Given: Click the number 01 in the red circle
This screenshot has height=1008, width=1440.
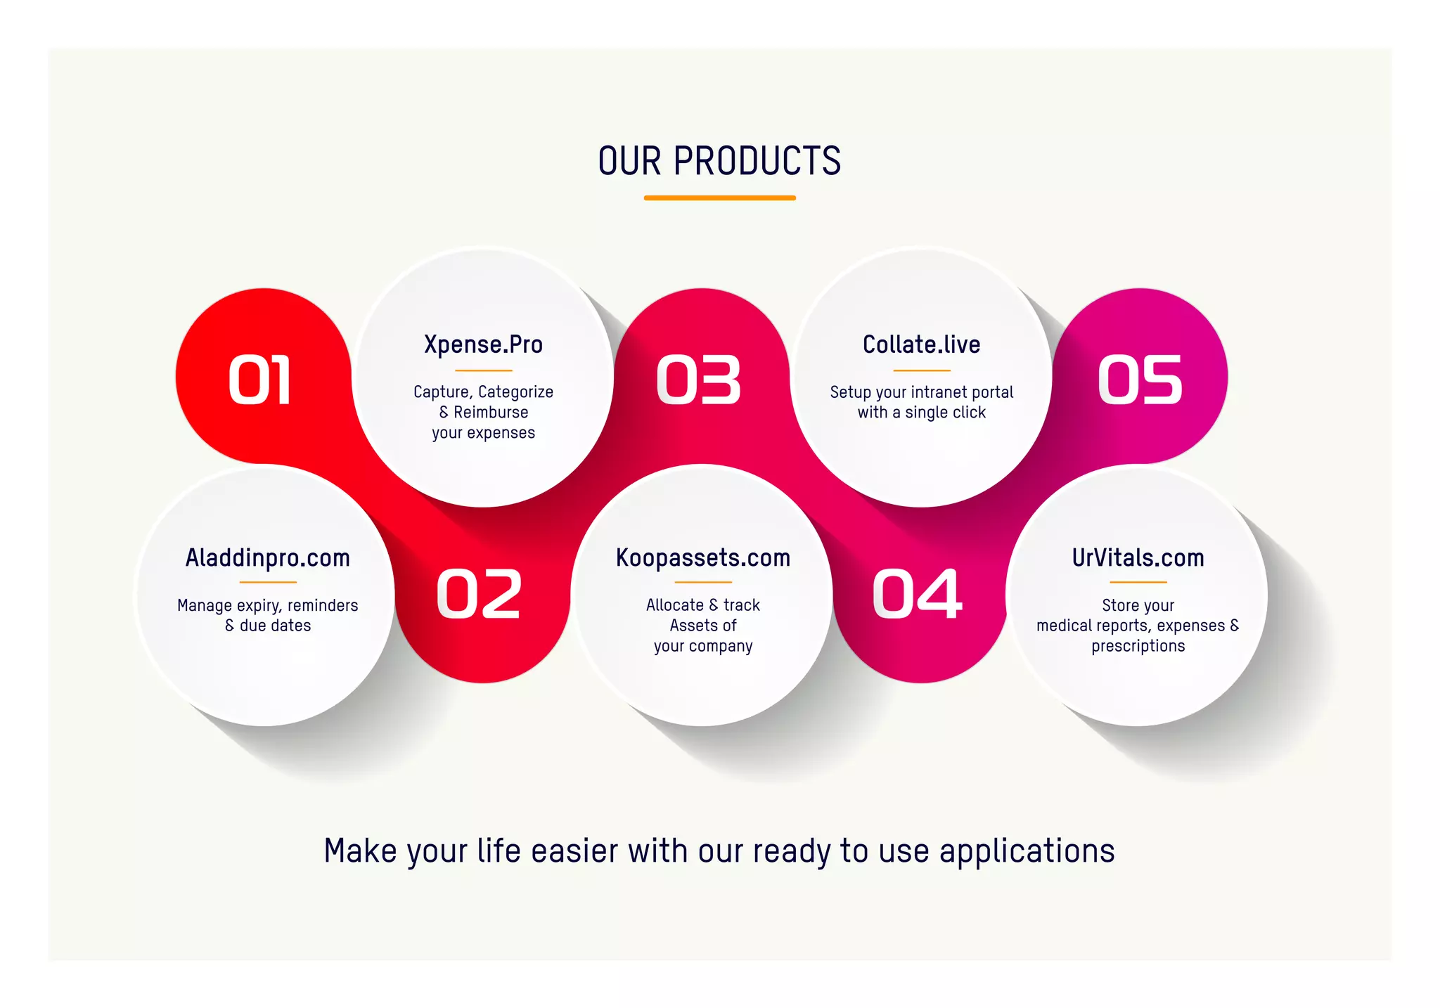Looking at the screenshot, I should point(259,380).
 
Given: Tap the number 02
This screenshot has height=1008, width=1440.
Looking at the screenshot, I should point(479,595).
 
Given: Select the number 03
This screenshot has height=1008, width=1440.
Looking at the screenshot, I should point(698,380).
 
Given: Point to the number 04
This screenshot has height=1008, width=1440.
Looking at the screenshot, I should point(917,595).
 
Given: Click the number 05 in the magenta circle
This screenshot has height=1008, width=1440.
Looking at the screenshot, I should point(1140,380).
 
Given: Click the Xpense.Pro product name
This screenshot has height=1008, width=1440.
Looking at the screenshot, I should point(483,344).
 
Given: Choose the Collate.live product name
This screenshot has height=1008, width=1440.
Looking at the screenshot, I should point(921,344).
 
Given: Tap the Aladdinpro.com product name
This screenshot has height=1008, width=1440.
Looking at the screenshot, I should point(267,558).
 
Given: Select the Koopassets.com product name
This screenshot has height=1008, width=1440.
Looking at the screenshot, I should point(703,558).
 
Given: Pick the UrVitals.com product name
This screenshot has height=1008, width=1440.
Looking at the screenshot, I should point(1138,558).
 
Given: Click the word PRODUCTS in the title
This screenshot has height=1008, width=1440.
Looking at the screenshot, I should point(757,161).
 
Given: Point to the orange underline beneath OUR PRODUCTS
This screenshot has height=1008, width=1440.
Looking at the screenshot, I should point(719,198).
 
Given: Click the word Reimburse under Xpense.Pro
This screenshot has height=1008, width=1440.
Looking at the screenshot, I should point(491,413).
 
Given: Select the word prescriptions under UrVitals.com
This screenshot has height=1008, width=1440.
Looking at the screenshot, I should point(1138,646).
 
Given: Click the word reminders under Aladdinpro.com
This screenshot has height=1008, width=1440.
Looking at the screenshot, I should point(323,605).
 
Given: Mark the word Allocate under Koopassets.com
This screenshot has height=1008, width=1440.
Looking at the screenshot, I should point(675,605).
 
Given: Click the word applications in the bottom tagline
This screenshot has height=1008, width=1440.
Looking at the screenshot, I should point(1027,852).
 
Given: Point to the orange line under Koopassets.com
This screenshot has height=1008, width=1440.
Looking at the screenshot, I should point(703,582).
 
